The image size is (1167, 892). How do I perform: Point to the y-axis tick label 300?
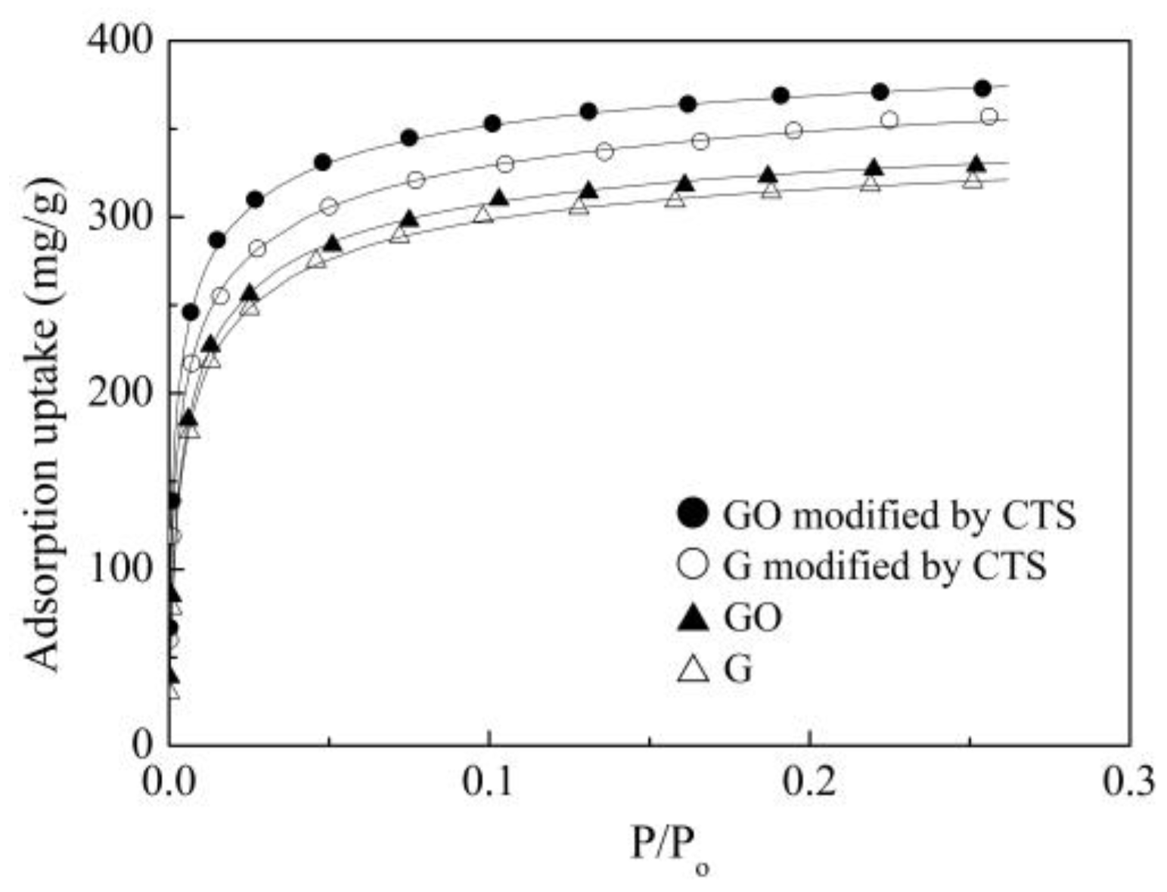[119, 217]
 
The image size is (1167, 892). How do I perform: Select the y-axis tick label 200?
[119, 393]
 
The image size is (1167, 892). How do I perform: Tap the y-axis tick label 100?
[119, 569]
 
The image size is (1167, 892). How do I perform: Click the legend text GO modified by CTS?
[899, 516]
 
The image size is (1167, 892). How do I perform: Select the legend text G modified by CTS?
[885, 566]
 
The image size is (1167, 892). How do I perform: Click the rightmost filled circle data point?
[982, 88]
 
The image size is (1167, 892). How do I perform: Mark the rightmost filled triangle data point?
[976, 164]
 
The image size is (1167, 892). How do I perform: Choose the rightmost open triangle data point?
[973, 180]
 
